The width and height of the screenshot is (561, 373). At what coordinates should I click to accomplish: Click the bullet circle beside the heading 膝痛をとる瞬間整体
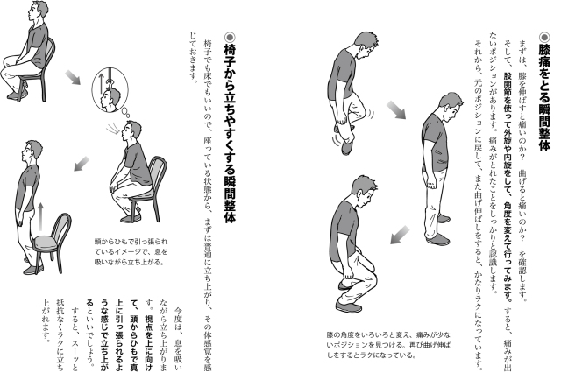544,37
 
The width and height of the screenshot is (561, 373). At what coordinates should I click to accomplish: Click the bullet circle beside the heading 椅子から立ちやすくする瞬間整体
230,37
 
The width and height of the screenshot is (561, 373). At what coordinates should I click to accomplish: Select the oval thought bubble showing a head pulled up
110,89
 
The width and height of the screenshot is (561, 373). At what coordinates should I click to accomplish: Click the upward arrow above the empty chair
41,217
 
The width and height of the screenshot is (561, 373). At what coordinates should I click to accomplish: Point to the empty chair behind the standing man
53,243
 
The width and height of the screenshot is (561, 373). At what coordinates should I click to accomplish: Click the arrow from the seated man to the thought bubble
73,78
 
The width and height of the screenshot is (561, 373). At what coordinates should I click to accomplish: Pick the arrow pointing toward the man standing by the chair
82,163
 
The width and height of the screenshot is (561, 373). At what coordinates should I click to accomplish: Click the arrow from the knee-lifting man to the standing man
396,109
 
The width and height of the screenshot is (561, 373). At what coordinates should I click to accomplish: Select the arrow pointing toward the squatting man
400,235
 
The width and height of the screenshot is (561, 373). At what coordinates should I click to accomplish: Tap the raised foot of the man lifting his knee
348,145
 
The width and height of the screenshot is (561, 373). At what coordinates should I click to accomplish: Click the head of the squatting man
365,192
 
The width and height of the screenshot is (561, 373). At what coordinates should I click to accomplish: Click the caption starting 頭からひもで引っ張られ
131,251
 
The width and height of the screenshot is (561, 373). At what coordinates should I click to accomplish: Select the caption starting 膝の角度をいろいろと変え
388,345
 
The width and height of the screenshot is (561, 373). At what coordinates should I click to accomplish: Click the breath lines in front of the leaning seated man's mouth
113,128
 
